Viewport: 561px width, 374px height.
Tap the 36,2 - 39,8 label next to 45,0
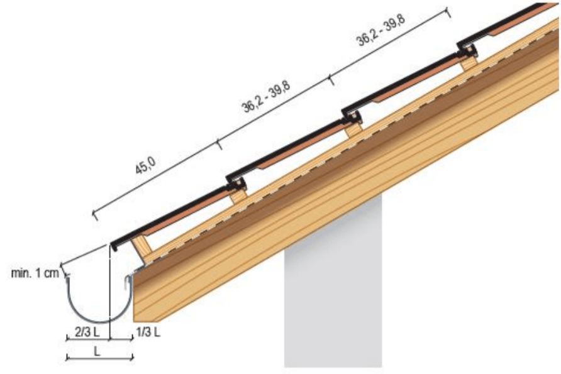coord(267,97)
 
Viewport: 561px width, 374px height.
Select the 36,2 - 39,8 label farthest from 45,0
coord(381,30)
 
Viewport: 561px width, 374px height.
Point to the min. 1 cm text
coord(35,273)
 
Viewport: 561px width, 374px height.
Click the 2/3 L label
coord(87,332)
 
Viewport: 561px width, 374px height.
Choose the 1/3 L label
coord(148,332)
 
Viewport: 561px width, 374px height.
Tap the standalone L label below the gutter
coord(97,351)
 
